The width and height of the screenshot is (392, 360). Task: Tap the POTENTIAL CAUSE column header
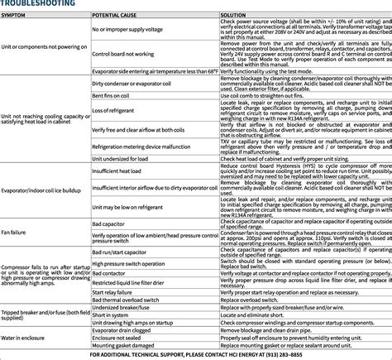coord(118,16)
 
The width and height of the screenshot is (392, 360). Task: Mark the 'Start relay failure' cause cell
coord(112,292)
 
